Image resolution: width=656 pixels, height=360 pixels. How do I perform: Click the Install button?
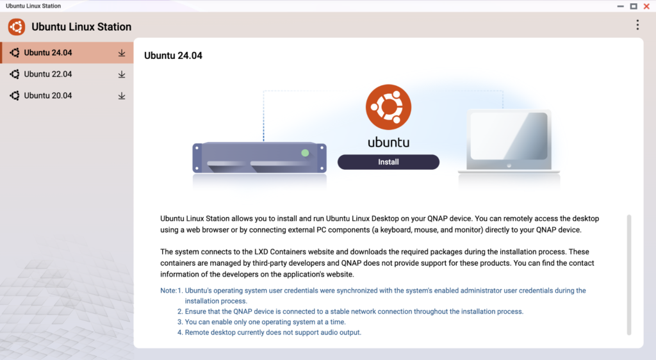[x=388, y=162]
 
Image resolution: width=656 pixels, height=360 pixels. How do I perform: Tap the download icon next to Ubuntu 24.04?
[x=121, y=53]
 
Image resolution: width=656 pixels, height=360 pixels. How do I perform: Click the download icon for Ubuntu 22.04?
[x=121, y=74]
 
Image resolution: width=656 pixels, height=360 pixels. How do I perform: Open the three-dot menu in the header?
[x=637, y=25]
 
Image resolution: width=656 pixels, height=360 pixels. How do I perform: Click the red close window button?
[x=646, y=6]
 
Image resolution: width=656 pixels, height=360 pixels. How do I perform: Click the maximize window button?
[x=634, y=6]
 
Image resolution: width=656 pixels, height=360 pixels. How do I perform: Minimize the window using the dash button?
[x=620, y=6]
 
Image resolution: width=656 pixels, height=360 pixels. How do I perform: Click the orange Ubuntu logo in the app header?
[x=17, y=27]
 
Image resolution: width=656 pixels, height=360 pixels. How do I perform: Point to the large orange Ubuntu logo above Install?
[x=388, y=107]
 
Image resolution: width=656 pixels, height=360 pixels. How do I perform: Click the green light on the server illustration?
[x=305, y=153]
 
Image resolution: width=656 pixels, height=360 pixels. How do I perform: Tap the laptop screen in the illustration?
[x=509, y=136]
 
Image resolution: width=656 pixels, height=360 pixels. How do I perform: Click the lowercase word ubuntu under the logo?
[x=388, y=143]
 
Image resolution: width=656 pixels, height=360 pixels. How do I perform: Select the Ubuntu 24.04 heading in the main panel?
[x=173, y=56]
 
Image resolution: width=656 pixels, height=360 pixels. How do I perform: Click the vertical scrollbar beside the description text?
[x=629, y=275]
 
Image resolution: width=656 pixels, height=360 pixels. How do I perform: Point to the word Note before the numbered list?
[x=168, y=291]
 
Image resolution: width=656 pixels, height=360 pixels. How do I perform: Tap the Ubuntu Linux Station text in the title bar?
[x=33, y=6]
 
